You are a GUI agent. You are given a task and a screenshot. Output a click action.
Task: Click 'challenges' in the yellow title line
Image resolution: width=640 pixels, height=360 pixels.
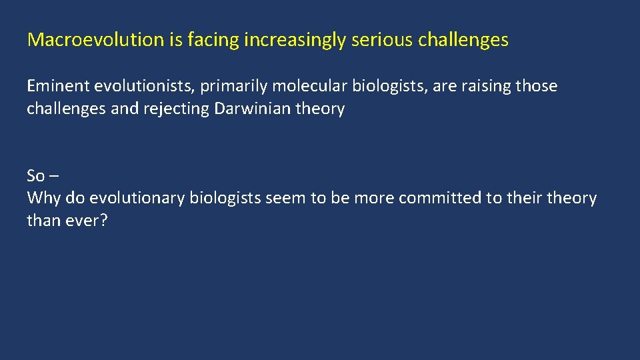pyautogui.click(x=463, y=40)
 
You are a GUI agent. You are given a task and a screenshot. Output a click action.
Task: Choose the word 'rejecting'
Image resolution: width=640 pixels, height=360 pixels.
pyautogui.click(x=176, y=109)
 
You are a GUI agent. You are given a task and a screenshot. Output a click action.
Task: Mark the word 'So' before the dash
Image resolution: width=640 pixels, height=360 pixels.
pyautogui.click(x=35, y=176)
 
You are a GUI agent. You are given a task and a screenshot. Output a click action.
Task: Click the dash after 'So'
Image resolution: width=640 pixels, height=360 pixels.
pyautogui.click(x=53, y=177)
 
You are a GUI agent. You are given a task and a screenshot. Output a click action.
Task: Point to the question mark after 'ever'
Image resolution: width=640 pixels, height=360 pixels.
pyautogui.click(x=103, y=220)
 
